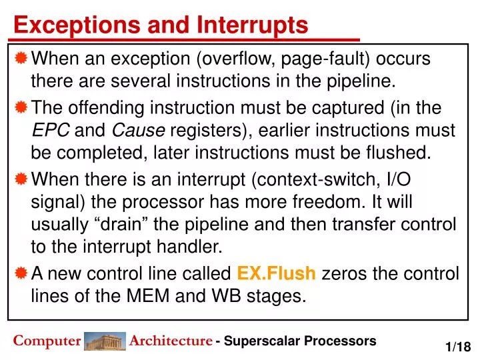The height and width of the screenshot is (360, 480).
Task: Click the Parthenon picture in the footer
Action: tap(105, 341)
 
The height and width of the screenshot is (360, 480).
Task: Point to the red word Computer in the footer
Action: tap(47, 341)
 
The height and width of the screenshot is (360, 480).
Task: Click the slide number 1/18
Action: tap(458, 347)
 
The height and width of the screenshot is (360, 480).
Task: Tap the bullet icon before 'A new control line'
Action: tap(21, 273)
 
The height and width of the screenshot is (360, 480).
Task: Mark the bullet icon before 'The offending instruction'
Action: tap(21, 107)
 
